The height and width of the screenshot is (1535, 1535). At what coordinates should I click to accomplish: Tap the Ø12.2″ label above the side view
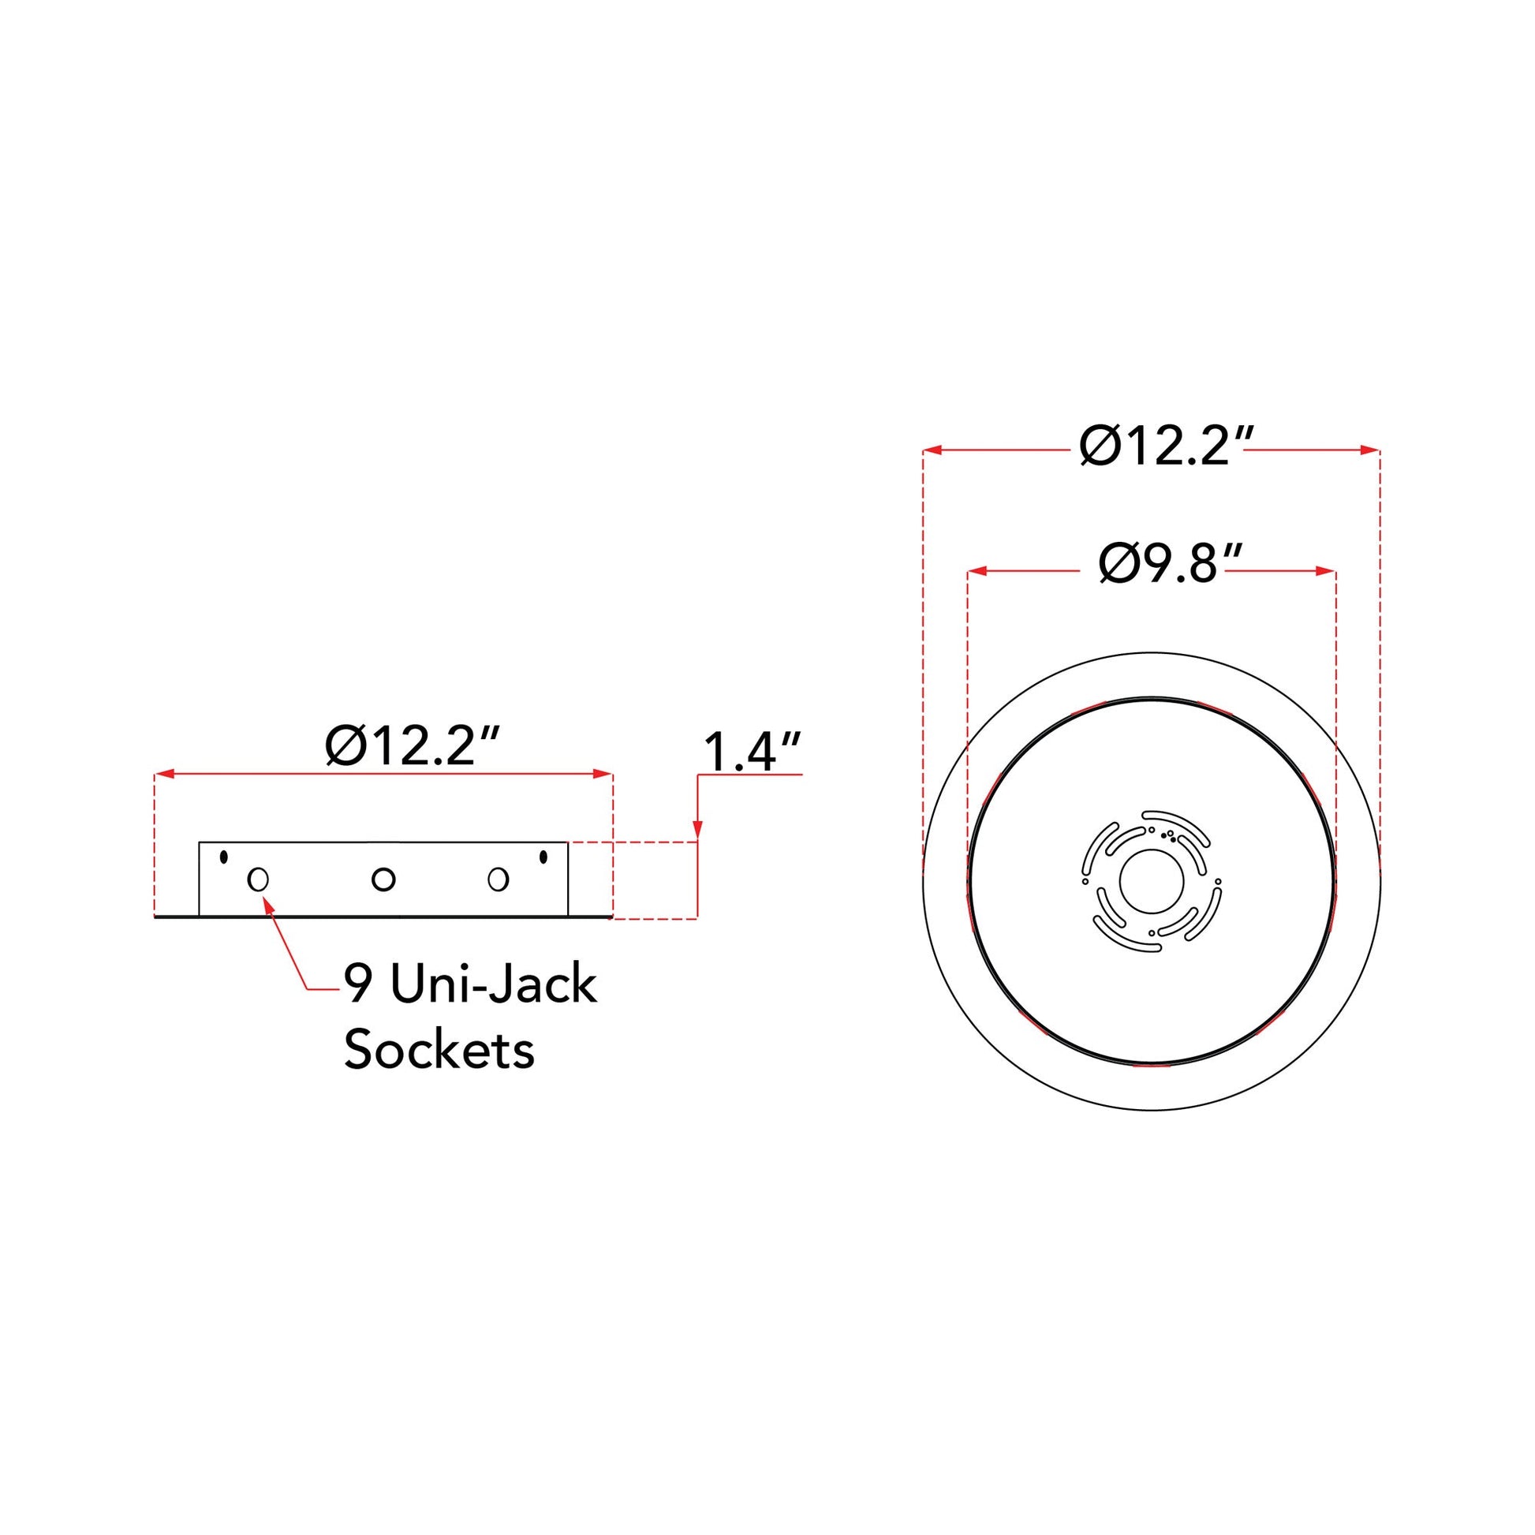[413, 747]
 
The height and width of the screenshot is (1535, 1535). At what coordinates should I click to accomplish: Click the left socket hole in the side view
[258, 880]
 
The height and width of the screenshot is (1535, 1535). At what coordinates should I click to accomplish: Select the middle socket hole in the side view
[383, 880]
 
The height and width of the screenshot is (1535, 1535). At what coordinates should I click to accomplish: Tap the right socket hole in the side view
[499, 880]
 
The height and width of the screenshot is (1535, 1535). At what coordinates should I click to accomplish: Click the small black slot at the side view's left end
[224, 857]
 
